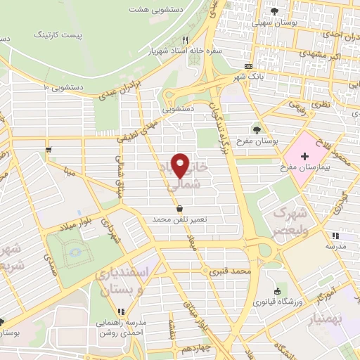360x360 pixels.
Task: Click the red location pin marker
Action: [x=181, y=165]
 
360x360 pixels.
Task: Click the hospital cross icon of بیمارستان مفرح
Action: [x=304, y=155]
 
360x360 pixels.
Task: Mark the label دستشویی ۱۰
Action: [x=67, y=86]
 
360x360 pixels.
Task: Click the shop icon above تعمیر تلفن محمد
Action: [x=181, y=208]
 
